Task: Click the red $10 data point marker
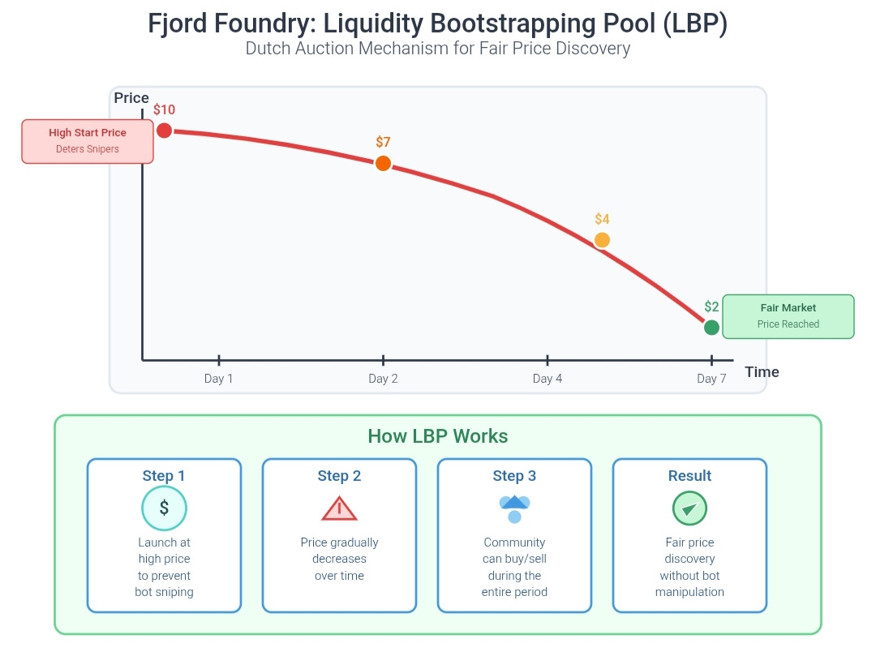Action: coord(164,131)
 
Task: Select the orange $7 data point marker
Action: coord(383,163)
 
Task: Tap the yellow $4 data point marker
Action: coord(601,240)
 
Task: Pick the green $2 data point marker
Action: coord(711,328)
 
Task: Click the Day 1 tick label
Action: coord(218,379)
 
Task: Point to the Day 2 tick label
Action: coord(383,379)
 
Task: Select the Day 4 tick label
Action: coord(547,379)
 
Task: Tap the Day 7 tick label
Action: coord(711,379)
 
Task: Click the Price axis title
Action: coord(131,98)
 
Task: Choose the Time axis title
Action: coord(762,372)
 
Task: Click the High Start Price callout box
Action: coord(88,141)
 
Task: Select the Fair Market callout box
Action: coord(788,316)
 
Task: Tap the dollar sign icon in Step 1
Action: coord(164,508)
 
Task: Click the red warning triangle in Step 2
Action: coord(339,508)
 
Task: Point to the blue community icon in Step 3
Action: coord(514,508)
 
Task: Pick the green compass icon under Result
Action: coord(689,508)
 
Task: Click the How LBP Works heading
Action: coord(438,436)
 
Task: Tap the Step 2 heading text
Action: coord(339,476)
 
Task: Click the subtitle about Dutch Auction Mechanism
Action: coord(438,49)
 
